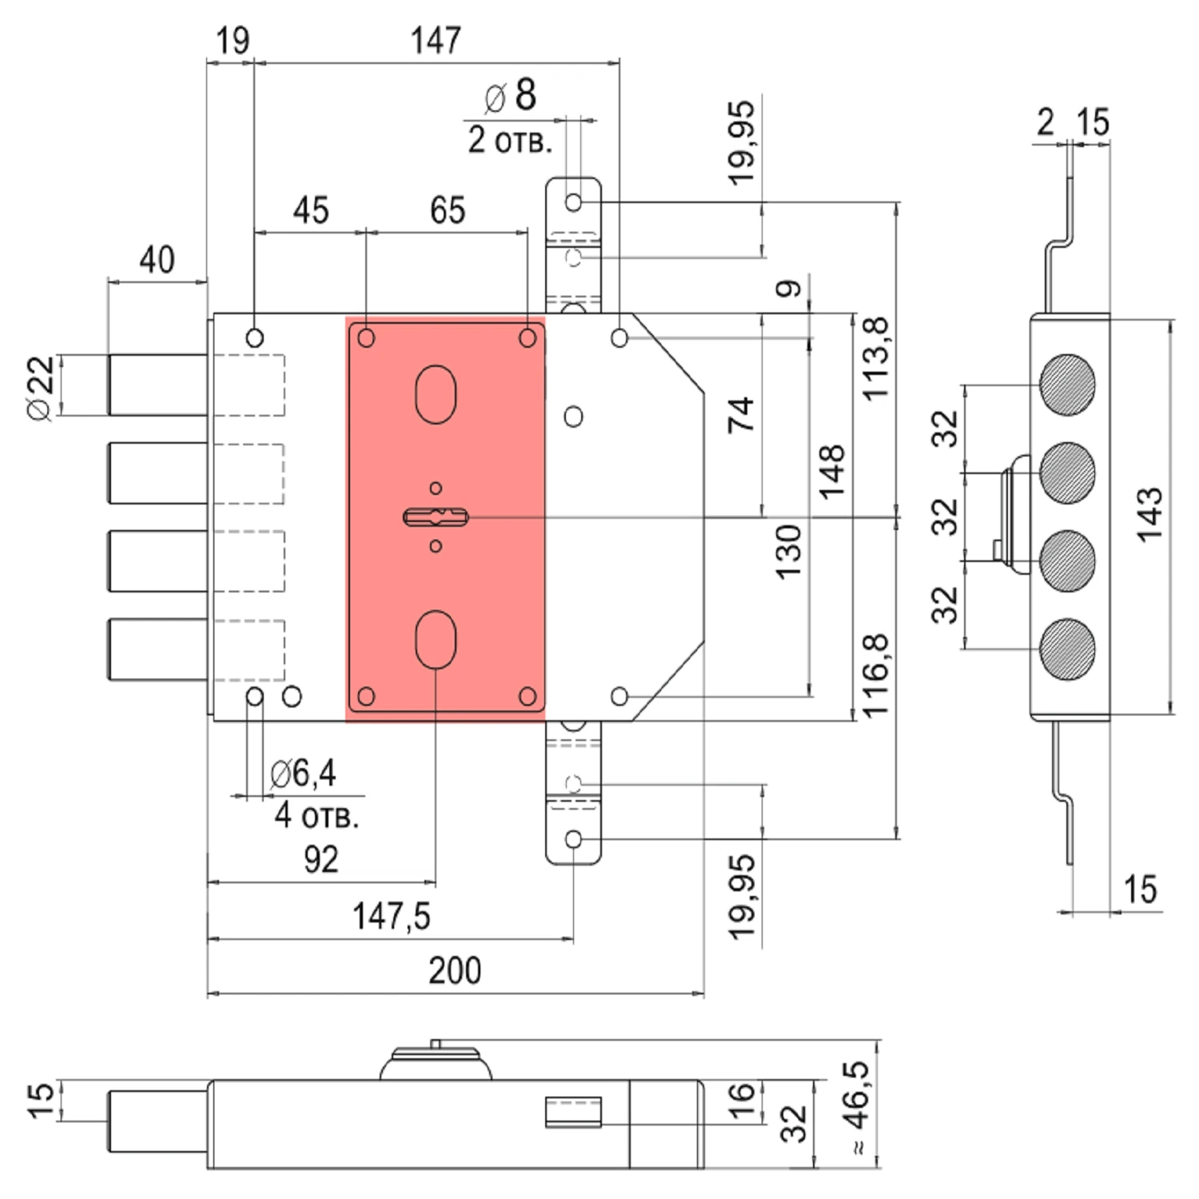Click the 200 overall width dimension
click(455, 970)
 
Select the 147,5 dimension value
click(391, 916)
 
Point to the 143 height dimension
click(1149, 515)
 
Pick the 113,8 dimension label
click(875, 359)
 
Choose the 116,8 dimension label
click(875, 675)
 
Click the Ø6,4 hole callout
click(303, 773)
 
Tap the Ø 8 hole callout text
click(511, 95)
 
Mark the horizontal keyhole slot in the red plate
click(436, 517)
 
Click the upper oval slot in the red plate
click(436, 394)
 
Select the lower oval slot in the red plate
click(436, 639)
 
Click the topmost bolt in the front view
click(157, 384)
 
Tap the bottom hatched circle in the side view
click(1067, 648)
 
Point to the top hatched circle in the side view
click(1067, 384)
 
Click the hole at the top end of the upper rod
click(573, 201)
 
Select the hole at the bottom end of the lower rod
click(573, 839)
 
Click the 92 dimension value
click(321, 859)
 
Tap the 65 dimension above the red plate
click(447, 210)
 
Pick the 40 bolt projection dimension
click(157, 260)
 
